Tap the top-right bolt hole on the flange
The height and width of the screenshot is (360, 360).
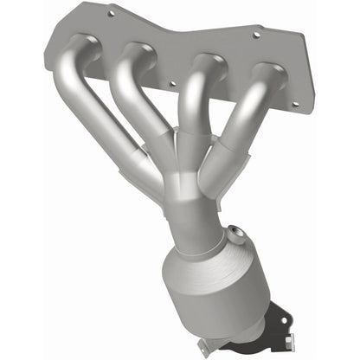pyautogui.click(x=256, y=37)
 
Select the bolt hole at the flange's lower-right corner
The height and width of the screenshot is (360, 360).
pyautogui.click(x=295, y=104)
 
